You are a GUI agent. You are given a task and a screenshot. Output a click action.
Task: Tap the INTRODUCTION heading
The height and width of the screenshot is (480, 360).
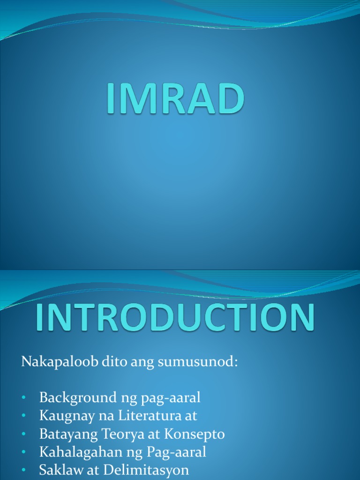(x=175, y=319)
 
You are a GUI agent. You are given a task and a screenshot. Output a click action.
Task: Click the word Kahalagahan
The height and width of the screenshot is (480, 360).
(x=71, y=452)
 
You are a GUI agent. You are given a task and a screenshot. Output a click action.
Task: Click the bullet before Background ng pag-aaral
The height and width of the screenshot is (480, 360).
(x=24, y=398)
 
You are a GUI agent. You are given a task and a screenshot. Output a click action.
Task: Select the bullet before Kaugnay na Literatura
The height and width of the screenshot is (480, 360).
(x=24, y=416)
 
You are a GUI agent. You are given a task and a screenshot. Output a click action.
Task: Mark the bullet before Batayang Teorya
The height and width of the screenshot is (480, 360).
(x=24, y=435)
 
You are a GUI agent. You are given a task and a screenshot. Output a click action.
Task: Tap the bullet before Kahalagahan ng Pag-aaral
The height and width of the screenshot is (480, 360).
(x=24, y=453)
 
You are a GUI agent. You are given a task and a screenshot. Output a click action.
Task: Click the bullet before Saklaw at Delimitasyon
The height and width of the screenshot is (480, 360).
(x=24, y=471)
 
